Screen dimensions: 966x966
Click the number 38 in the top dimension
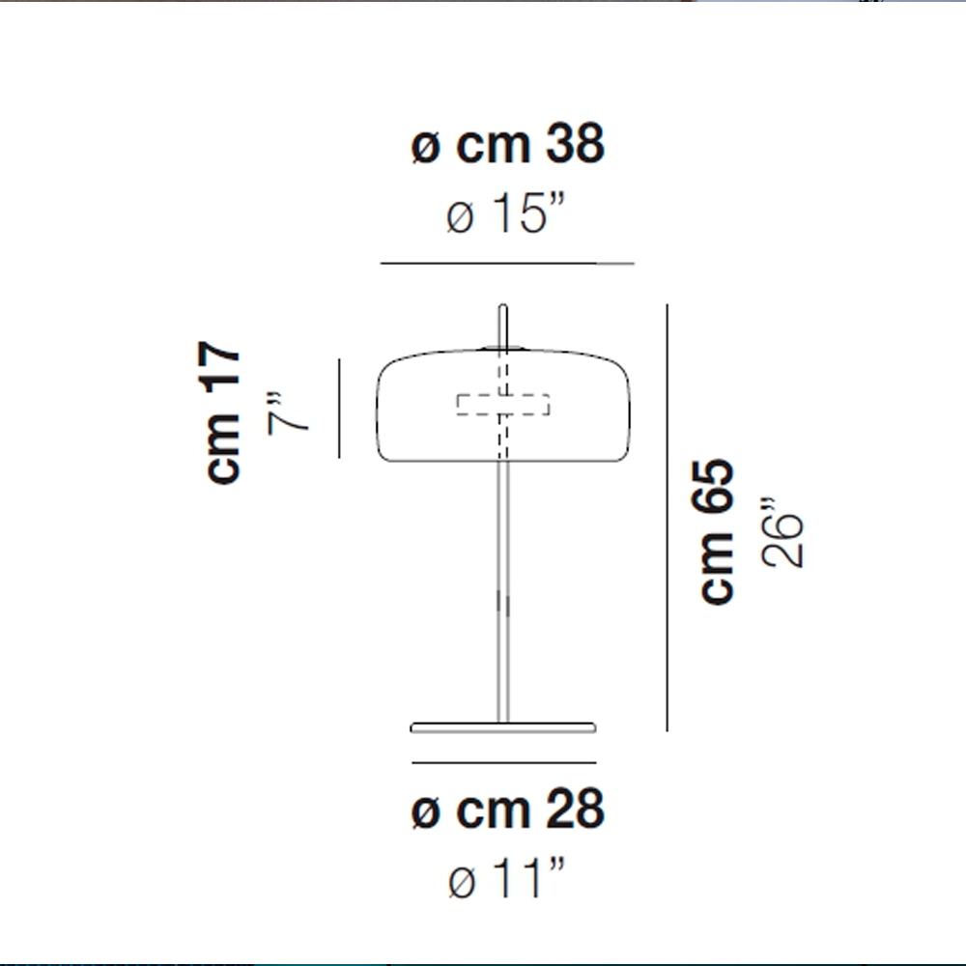[x=575, y=144]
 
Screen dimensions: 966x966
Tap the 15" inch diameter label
[x=505, y=213]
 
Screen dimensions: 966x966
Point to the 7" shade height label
[x=287, y=412]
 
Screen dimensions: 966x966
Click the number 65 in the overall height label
[x=714, y=486]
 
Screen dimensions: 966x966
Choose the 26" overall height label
[x=781, y=532]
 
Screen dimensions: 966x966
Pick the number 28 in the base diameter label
[x=575, y=809]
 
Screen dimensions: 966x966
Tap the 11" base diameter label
[x=506, y=877]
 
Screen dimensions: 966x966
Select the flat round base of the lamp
[x=502, y=727]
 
